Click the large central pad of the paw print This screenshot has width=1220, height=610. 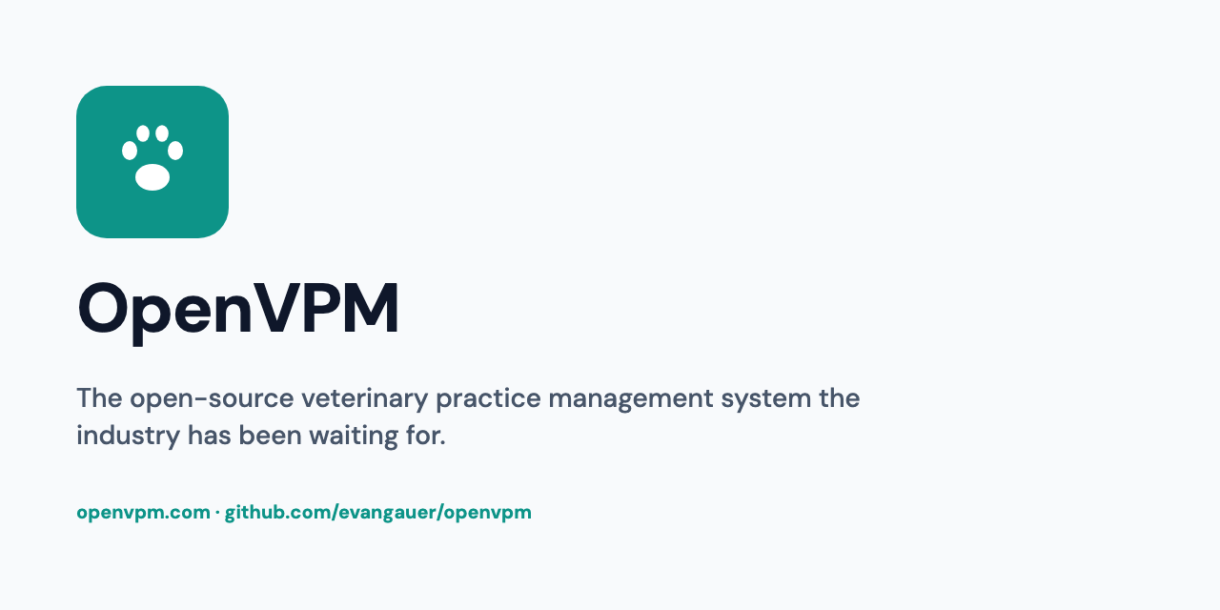click(x=152, y=177)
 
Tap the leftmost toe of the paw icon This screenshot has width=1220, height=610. click(x=130, y=150)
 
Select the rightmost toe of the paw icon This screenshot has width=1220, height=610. click(x=175, y=150)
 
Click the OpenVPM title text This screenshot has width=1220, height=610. click(x=238, y=309)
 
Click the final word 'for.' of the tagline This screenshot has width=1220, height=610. click(x=426, y=437)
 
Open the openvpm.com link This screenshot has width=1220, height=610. click(x=143, y=513)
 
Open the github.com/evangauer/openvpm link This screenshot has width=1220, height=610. click(x=378, y=513)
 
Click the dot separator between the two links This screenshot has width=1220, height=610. click(x=217, y=513)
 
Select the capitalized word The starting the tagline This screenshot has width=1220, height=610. click(x=99, y=398)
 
